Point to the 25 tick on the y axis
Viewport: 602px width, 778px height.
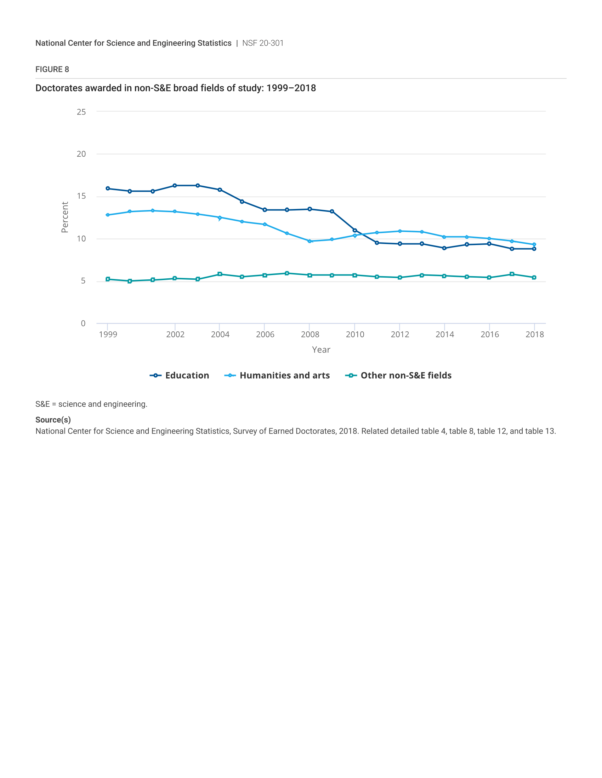tap(81, 112)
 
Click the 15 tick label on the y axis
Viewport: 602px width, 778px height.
tap(81, 196)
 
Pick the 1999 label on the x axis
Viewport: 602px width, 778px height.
tap(108, 334)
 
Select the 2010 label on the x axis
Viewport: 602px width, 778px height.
tap(355, 334)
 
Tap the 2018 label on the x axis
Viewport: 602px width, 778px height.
tap(535, 334)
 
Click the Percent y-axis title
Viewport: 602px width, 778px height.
tap(64, 217)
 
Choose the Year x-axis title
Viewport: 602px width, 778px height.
tap(321, 350)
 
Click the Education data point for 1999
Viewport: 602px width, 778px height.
tap(108, 188)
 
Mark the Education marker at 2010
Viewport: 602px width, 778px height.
tap(354, 231)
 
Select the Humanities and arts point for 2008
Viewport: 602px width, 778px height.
tap(309, 241)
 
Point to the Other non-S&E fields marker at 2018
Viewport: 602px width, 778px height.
tap(534, 278)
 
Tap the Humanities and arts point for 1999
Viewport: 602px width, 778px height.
tap(108, 215)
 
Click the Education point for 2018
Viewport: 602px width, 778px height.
tap(534, 249)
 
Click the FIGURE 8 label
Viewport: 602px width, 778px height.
tap(52, 69)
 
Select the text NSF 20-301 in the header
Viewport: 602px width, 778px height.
tap(263, 43)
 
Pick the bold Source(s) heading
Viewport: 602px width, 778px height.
tap(53, 420)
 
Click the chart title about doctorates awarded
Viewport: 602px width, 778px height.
tap(175, 88)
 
